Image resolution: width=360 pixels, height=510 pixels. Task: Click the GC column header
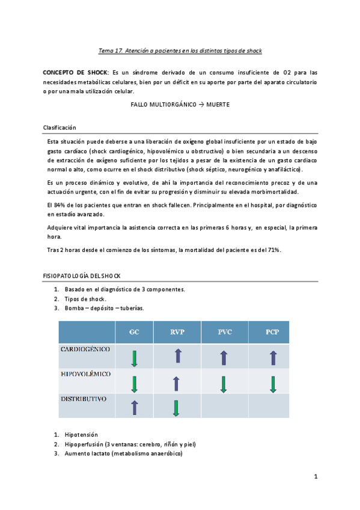134,332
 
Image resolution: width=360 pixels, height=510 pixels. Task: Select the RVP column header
177,332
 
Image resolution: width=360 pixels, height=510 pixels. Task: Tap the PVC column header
225,332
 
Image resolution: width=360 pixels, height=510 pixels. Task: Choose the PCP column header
272,332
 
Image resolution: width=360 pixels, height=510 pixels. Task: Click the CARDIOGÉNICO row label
85,349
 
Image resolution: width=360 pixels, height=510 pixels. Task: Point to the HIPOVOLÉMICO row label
86,373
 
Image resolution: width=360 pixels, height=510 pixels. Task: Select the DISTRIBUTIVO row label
84,398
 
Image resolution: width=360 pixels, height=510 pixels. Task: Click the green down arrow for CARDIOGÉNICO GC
134,358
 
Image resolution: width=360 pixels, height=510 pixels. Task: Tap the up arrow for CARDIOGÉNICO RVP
177,356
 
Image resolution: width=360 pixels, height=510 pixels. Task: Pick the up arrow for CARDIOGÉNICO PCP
273,358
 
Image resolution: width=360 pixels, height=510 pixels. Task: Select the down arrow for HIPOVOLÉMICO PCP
273,383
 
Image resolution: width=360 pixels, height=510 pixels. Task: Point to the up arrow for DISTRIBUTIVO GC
134,407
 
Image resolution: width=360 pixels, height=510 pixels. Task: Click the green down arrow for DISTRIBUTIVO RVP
176,408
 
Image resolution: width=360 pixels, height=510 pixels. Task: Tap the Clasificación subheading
59,127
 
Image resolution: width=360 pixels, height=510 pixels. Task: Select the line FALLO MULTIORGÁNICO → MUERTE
180,104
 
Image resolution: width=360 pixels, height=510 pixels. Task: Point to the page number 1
315,477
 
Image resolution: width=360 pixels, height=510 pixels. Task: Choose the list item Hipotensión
81,434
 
